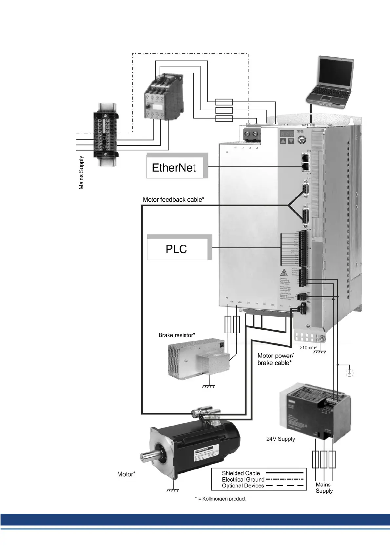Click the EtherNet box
(175, 167)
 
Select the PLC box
(177, 249)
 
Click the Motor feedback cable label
(173, 199)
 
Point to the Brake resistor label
(177, 335)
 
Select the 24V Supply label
(281, 439)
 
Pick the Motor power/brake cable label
(275, 359)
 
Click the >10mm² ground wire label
(308, 347)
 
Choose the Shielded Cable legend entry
(241, 473)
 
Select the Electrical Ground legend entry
(243, 479)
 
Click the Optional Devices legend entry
(243, 486)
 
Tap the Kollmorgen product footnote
(220, 499)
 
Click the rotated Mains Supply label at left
(81, 173)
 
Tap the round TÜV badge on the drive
(302, 140)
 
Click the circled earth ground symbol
(350, 373)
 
